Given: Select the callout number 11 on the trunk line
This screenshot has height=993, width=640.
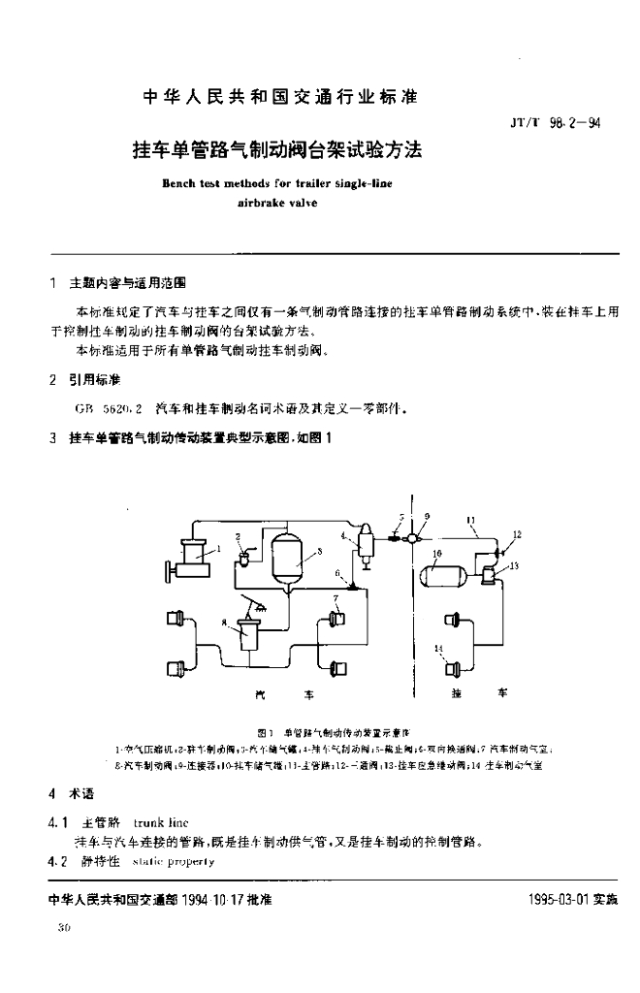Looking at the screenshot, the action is click(x=471, y=518).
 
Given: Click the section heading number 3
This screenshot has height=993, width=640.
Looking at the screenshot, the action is click(x=52, y=410).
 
